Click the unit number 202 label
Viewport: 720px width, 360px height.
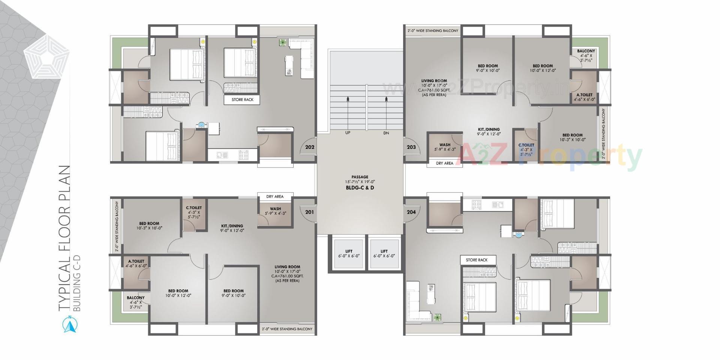coord(309,147)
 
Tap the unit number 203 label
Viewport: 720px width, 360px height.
coord(411,147)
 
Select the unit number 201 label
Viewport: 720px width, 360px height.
coord(309,212)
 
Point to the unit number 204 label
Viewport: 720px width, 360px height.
coord(411,212)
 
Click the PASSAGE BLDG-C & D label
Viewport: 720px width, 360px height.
coord(360,182)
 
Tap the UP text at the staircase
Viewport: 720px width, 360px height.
coord(348,133)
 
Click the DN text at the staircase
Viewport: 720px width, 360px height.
coord(386,133)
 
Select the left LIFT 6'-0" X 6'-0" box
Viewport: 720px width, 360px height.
coord(349,253)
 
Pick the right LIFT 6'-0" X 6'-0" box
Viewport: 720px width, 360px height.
coord(384,253)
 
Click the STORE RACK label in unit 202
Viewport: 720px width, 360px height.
coord(242,100)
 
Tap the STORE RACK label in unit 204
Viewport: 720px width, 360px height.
coord(477,260)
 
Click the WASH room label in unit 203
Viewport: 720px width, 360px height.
coord(445,147)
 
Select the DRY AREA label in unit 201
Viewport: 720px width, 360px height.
coord(275,196)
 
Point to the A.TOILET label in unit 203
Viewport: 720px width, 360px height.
coord(584,97)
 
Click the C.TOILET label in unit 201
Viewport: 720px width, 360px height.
coord(194,212)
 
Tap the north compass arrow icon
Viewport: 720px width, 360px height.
coord(69,325)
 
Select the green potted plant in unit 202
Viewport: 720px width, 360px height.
coord(282,43)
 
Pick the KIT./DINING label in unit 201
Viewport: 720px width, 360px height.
coord(232,228)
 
